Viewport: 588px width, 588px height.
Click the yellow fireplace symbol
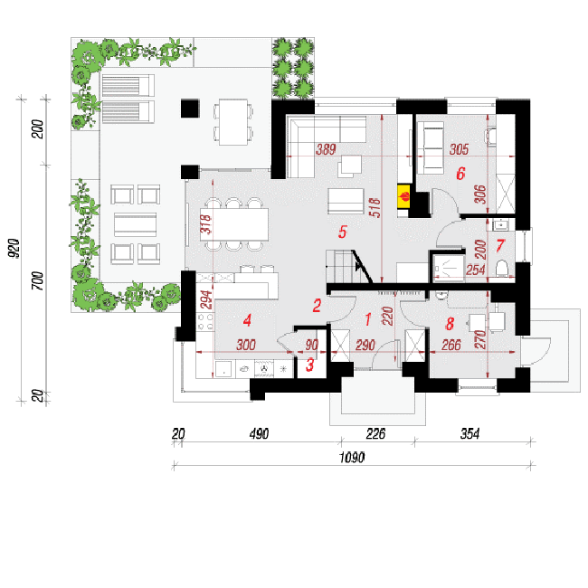[x=404, y=197]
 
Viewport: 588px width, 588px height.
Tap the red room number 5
[x=342, y=232]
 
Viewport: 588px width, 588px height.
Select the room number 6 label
[x=460, y=174]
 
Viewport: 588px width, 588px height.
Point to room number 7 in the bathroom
[x=500, y=246]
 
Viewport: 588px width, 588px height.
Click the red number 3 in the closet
[x=309, y=365]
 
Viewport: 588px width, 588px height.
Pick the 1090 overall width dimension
[x=352, y=458]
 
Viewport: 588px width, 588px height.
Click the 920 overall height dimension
[x=14, y=248]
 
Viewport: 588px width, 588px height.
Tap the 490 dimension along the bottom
[x=259, y=434]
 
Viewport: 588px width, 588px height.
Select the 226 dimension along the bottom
[x=375, y=434]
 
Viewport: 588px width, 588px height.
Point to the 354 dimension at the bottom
[x=469, y=434]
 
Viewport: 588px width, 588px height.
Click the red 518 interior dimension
[x=375, y=207]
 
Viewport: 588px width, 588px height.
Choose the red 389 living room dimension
[x=326, y=149]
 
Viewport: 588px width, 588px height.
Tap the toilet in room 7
[x=502, y=269]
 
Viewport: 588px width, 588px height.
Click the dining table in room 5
[x=237, y=224]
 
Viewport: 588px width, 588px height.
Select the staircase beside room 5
[x=347, y=266]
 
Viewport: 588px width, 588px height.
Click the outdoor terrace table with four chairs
[x=233, y=122]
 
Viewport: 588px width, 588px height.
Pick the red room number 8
[x=450, y=323]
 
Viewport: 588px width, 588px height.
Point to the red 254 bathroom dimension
[x=476, y=270]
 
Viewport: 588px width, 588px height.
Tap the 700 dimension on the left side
[x=37, y=280]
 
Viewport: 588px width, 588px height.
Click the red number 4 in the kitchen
[x=247, y=320]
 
